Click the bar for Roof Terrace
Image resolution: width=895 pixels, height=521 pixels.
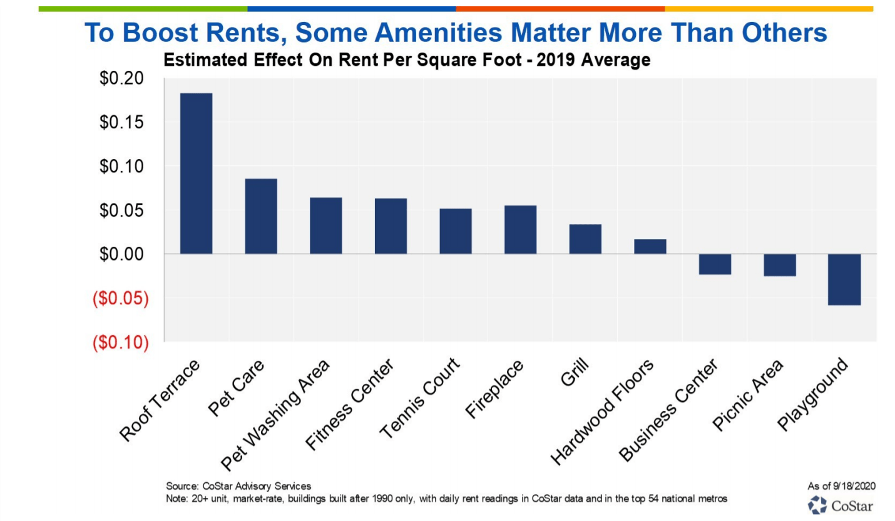click(x=196, y=173)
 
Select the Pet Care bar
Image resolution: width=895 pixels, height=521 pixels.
click(x=261, y=216)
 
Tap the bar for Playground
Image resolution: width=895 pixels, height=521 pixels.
click(x=844, y=279)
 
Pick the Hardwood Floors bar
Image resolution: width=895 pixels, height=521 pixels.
click(x=650, y=247)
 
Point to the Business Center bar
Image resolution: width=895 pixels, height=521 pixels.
click(x=715, y=264)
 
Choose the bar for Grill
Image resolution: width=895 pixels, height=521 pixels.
click(x=585, y=239)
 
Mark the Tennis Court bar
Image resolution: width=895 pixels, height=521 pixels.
click(x=456, y=231)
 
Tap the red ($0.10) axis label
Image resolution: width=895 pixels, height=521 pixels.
click(x=120, y=343)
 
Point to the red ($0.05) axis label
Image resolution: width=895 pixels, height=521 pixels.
click(x=120, y=299)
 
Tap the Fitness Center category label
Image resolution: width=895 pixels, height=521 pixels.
click(x=349, y=406)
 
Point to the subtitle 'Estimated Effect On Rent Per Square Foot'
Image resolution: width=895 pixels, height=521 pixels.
click(x=350, y=61)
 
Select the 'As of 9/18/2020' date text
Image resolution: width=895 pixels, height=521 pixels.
click(x=841, y=485)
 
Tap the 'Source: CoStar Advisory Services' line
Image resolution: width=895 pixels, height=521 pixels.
click(x=238, y=486)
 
